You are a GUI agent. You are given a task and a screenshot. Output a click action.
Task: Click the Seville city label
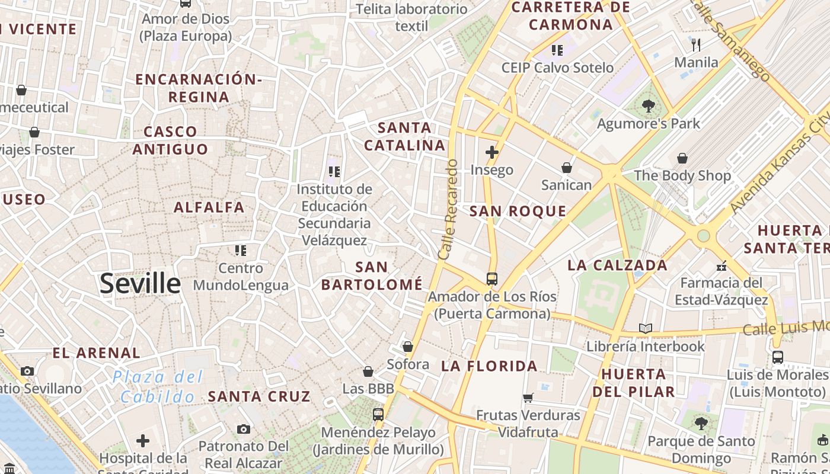point(140,284)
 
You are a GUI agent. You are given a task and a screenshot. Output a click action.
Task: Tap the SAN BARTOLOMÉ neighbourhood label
point(372,276)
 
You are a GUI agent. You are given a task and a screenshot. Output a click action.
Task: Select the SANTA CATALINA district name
point(404,136)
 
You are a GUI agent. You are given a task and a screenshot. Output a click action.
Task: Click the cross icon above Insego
point(491,152)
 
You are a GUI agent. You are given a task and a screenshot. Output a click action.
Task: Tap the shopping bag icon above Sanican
point(567,168)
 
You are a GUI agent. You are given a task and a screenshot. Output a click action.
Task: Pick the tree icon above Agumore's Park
point(648,106)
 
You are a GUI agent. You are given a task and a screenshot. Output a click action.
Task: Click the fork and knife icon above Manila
point(696,44)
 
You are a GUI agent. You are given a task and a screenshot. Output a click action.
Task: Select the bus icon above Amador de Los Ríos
point(491,278)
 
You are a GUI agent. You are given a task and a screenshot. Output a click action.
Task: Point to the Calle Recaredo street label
point(448,209)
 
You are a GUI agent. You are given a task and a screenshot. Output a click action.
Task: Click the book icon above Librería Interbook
point(645,328)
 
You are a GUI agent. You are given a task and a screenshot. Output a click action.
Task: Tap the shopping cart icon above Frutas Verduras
point(528,398)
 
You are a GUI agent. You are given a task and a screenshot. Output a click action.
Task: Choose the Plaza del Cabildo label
point(158,386)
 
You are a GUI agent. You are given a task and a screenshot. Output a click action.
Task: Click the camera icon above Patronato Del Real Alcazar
point(243,429)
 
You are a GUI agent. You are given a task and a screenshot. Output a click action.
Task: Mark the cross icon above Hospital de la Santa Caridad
point(142,441)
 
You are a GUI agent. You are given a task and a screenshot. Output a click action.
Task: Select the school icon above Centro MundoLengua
point(240,251)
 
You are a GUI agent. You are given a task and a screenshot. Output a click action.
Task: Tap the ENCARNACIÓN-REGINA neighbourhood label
point(198,88)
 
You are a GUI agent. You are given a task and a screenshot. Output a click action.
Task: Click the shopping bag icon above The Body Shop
point(682,158)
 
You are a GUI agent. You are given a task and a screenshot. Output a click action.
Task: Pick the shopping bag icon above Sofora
point(408,347)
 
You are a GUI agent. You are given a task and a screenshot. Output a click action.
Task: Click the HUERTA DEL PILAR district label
point(633,383)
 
